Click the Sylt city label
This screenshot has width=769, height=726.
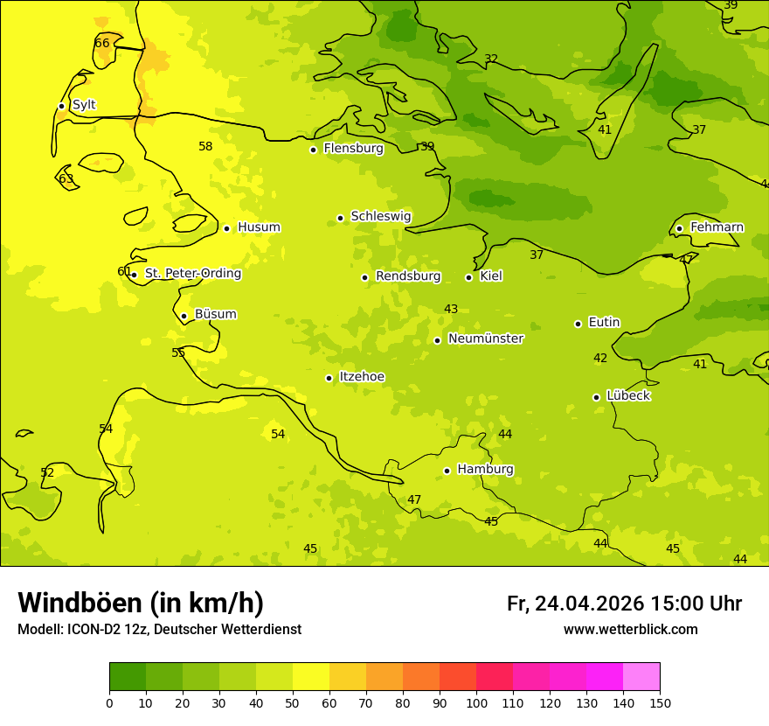click(x=84, y=105)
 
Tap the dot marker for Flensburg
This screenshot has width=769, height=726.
click(x=313, y=150)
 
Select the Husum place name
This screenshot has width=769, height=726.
click(x=259, y=227)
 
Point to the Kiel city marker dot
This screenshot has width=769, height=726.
click(x=468, y=277)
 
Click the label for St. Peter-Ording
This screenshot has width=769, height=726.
click(x=192, y=274)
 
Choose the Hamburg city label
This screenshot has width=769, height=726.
click(x=485, y=470)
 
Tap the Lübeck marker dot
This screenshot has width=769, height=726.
click(x=596, y=397)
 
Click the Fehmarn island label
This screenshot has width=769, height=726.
click(x=717, y=227)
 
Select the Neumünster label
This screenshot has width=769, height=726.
click(x=485, y=339)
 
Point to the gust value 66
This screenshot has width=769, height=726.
click(x=102, y=44)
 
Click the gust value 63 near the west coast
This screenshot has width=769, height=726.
click(x=66, y=179)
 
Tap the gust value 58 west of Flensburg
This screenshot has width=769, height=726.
click(x=205, y=147)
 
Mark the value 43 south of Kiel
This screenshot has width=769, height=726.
click(x=451, y=310)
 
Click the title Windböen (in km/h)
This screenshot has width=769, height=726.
click(x=141, y=603)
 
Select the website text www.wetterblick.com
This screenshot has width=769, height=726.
click(x=630, y=630)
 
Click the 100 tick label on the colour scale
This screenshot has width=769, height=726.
click(x=476, y=702)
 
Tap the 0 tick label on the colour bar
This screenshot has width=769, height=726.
click(x=109, y=702)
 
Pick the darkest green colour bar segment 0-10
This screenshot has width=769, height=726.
click(x=128, y=677)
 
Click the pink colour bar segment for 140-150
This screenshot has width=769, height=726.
click(x=641, y=677)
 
